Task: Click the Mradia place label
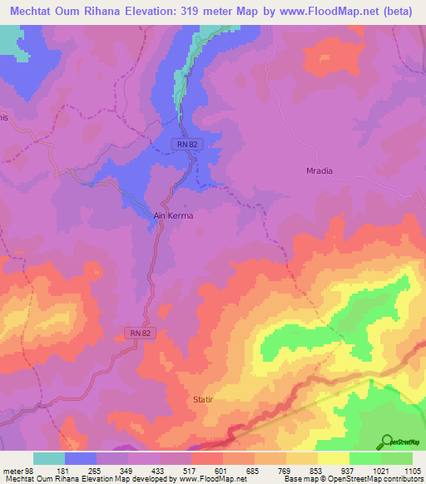tap(315, 171)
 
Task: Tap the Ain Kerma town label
tap(174, 216)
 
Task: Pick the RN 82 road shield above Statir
tap(141, 333)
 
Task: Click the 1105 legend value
tap(412, 472)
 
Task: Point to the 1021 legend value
tap(381, 472)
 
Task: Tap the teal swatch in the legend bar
tap(49, 458)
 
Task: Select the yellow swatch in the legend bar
tap(333, 458)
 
